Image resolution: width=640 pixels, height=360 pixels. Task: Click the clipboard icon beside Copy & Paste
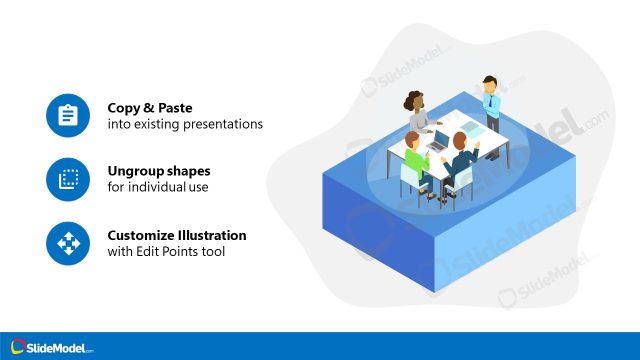point(68,116)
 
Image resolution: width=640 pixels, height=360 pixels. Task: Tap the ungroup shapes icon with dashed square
point(68,179)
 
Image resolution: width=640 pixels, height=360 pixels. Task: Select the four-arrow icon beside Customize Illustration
point(68,243)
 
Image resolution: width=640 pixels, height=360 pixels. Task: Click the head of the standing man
point(489,83)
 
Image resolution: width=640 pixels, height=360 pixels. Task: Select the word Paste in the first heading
point(175,108)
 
